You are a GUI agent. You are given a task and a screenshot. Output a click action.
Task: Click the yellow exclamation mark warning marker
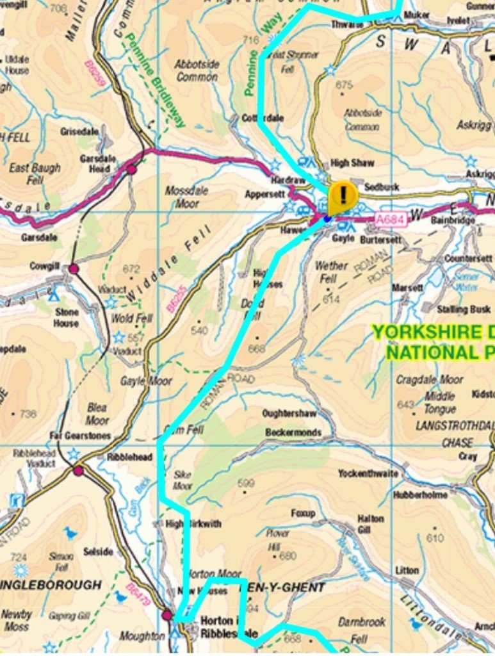coord(343,194)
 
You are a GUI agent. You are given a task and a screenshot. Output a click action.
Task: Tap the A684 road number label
coord(389,219)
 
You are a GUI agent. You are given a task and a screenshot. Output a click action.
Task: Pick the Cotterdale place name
coord(262,119)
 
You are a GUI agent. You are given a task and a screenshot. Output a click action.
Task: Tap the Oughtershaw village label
coord(289,413)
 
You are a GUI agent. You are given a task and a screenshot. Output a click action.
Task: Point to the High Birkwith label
coord(193,523)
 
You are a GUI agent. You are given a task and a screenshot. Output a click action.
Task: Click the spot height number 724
coord(19,557)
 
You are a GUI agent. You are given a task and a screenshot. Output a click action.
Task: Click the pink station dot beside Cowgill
coord(74,268)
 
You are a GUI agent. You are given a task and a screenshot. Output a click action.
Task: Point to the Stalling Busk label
coord(464,309)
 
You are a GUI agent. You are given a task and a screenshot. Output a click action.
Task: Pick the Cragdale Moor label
coord(428,379)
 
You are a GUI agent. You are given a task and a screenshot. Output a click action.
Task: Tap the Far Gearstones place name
coord(80,436)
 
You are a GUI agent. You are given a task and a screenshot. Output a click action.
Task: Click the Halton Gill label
coord(371,524)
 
